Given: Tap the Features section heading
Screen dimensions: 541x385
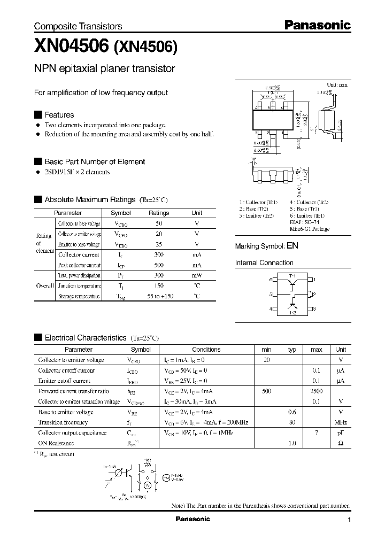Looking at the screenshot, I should point(59,115).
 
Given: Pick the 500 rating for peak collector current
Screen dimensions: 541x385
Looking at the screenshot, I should point(159,265).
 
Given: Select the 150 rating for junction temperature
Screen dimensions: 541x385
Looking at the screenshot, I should point(159,286).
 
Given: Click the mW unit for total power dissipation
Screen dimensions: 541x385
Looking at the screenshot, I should point(197,276).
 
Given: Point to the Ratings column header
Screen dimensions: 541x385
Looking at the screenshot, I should point(159,213).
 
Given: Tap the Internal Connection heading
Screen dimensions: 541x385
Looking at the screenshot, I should point(264,263).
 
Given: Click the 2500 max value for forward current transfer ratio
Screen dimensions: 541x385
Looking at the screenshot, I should point(317,391).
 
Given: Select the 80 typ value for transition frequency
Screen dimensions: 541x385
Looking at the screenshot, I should point(292,422).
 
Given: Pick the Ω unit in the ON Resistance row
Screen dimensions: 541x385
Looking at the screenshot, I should point(341,443).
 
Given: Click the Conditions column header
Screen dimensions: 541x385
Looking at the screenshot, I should point(206,350).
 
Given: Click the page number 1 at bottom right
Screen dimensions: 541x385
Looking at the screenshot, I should point(349,520).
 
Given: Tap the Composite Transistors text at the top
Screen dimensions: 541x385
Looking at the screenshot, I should point(78,26).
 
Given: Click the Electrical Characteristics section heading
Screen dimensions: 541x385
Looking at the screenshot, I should point(86,338).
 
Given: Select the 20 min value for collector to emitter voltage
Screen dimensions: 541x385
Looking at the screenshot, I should point(266,360).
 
